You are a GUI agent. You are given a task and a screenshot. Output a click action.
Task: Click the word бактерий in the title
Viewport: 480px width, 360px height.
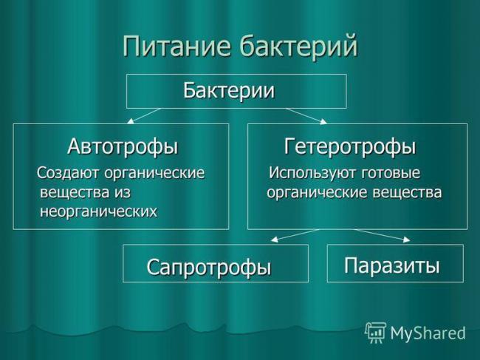pyautogui.click(x=298, y=45)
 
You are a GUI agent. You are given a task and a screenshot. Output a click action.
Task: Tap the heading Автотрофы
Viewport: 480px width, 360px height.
pyautogui.click(x=123, y=146)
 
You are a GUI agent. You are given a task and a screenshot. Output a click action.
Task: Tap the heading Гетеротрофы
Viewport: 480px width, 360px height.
pyautogui.click(x=351, y=146)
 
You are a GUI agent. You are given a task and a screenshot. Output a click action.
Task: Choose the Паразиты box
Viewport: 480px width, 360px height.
pyautogui.click(x=394, y=264)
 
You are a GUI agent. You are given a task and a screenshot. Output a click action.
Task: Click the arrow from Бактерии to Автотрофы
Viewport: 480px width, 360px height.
pyautogui.click(x=144, y=115)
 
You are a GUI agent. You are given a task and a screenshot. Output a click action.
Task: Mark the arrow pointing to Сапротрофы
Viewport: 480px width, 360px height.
pyautogui.click(x=295, y=235)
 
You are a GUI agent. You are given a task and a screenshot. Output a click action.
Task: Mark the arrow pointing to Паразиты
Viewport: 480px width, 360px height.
pyautogui.click(x=383, y=235)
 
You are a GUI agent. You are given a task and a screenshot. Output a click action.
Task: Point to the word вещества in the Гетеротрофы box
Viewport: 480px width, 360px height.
pyautogui.click(x=406, y=192)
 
